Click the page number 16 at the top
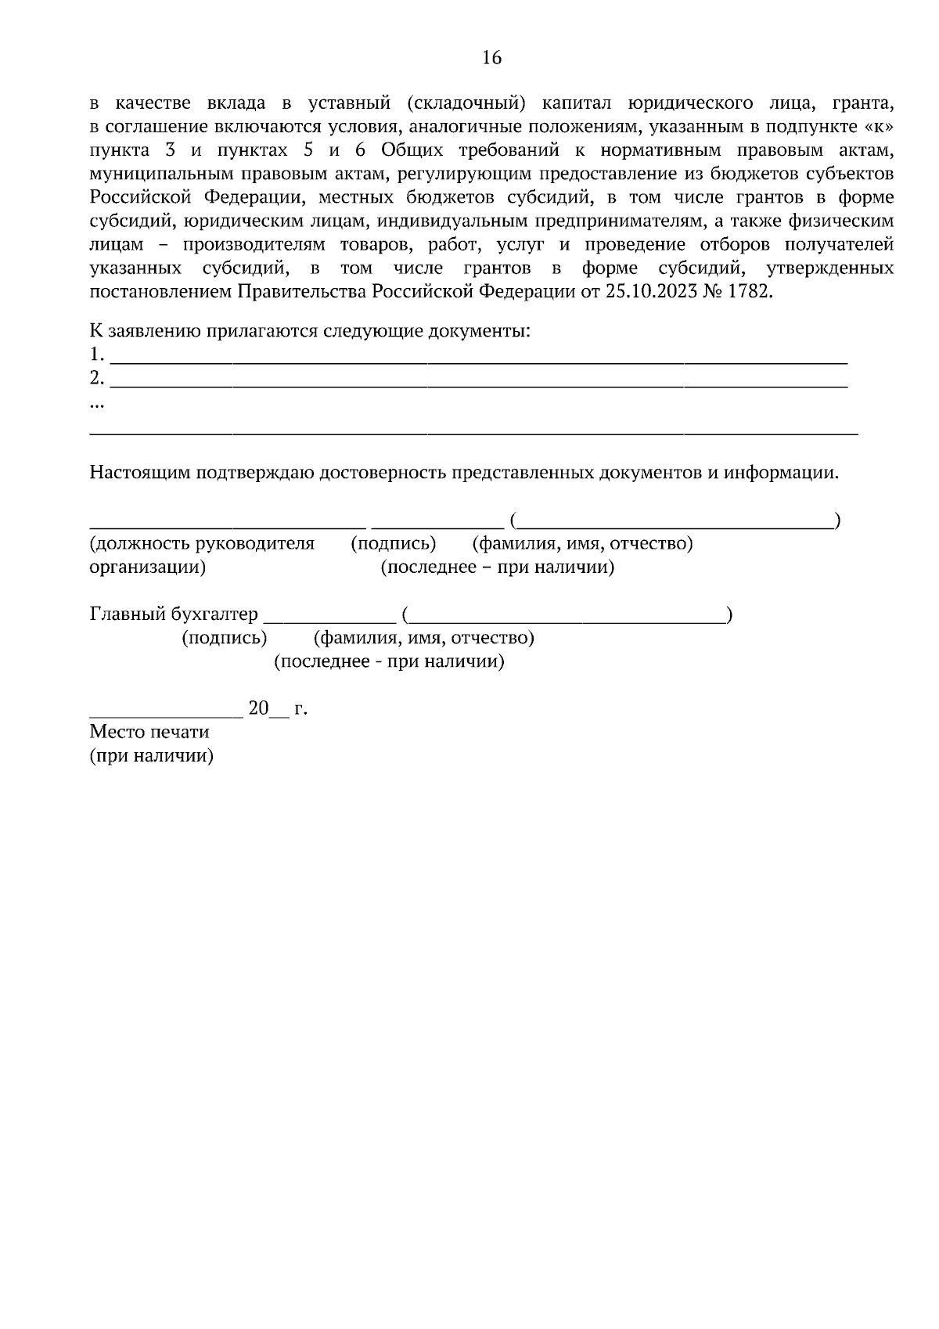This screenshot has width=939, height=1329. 491,58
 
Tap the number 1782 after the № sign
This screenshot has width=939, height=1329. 751,292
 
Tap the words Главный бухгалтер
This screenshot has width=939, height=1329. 174,614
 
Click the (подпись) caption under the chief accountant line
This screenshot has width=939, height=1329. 224,638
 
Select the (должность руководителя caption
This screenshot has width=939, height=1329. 202,543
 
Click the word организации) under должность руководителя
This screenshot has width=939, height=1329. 148,567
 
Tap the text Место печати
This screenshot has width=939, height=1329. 149,732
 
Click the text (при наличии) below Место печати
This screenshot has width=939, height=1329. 152,757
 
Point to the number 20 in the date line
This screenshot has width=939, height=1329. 258,708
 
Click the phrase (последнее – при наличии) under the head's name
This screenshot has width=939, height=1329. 498,567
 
